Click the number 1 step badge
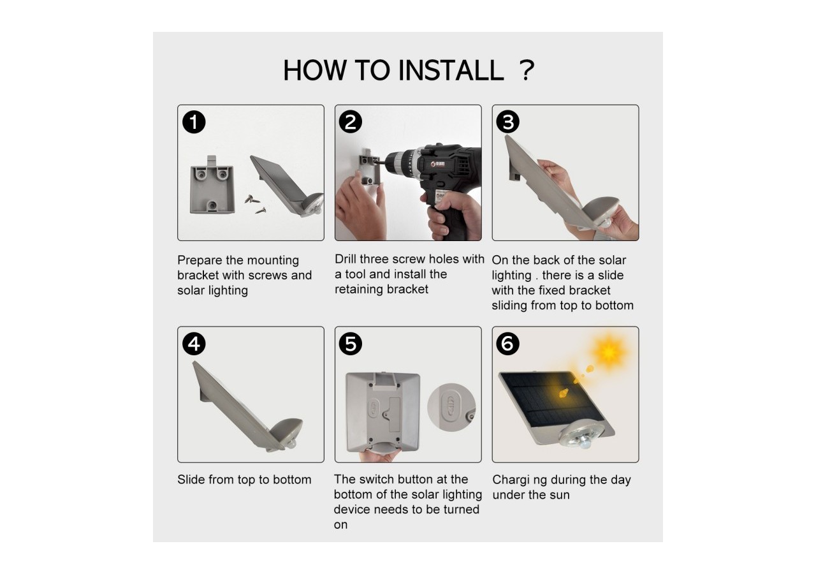(x=194, y=122)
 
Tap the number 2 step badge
(x=351, y=122)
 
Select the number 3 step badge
(x=508, y=122)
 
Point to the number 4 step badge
(x=194, y=344)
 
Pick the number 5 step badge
(x=351, y=344)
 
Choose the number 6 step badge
(x=508, y=344)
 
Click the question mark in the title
(x=527, y=70)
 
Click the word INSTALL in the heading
(x=451, y=70)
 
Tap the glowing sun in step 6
(x=609, y=351)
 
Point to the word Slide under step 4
(x=191, y=480)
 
